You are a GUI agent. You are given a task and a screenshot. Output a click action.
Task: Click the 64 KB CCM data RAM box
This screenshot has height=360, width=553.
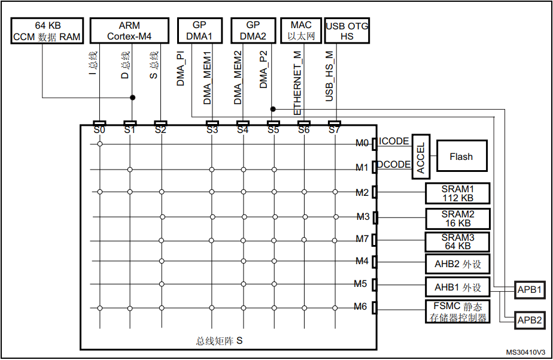(x=47, y=31)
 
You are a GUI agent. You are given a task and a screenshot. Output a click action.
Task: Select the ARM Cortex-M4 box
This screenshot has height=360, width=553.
(x=129, y=31)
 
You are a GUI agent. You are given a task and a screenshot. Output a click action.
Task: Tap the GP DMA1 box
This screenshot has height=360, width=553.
(x=200, y=31)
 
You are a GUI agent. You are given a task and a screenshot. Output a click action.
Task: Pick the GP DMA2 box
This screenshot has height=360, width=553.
(x=253, y=31)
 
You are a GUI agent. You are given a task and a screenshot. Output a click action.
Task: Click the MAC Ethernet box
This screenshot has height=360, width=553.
(x=301, y=31)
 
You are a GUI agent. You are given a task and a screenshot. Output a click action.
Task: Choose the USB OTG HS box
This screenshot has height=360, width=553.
(x=347, y=31)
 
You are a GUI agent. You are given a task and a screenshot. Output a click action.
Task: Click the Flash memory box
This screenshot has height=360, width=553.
(x=461, y=156)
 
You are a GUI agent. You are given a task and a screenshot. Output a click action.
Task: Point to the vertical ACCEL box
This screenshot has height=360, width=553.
(x=421, y=156)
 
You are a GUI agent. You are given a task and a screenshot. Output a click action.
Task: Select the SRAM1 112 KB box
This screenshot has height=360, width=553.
(x=457, y=193)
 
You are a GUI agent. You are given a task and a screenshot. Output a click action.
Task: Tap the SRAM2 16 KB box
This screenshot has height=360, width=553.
(x=458, y=219)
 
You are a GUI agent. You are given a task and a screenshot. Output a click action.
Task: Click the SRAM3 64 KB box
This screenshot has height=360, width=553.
(x=457, y=242)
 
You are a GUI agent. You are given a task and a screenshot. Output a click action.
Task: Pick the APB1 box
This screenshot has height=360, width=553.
(x=530, y=290)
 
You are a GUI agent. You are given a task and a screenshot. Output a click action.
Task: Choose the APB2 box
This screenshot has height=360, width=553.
(x=530, y=320)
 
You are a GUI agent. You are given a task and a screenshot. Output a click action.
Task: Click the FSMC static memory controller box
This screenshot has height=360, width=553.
(x=457, y=311)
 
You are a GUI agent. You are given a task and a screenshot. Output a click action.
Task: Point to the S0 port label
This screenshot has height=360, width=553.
(x=99, y=130)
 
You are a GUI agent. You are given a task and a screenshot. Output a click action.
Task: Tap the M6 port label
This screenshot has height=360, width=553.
(x=360, y=307)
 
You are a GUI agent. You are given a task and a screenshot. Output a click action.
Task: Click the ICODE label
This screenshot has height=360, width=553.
(x=394, y=141)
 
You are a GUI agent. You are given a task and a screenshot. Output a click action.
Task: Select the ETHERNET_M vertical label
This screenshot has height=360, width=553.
(x=297, y=83)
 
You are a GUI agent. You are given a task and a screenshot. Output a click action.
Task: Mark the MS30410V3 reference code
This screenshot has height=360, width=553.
(x=525, y=352)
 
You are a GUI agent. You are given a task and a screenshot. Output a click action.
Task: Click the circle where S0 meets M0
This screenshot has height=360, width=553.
(x=100, y=144)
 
